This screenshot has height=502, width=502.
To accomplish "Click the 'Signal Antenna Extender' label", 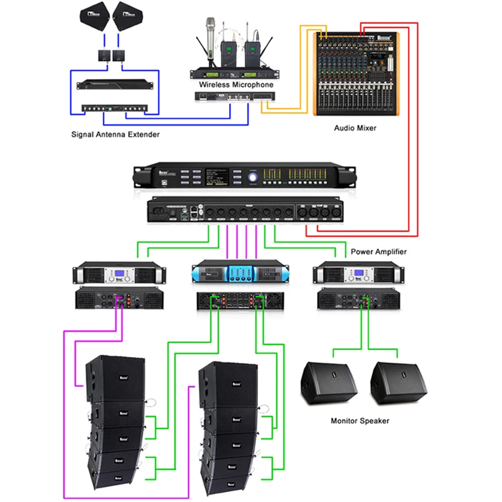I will coord(115,134).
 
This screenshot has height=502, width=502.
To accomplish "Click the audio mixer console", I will coord(355,72).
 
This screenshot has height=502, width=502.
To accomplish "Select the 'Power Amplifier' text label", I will coord(378,252).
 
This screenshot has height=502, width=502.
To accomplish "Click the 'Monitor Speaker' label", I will coord(360,420).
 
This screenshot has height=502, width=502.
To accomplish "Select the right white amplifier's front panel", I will coord(359,274).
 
